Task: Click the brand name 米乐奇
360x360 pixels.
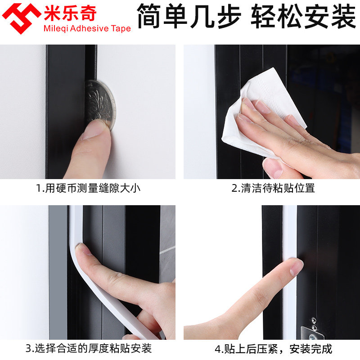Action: click(x=70, y=13)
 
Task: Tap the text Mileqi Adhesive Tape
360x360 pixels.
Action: click(x=87, y=29)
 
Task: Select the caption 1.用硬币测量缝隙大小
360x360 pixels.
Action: click(x=88, y=188)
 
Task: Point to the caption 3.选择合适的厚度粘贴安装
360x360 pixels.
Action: click(x=89, y=348)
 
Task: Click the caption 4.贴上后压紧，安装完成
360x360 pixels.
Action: click(x=273, y=348)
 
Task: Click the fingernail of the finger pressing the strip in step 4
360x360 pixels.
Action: click(x=297, y=267)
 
